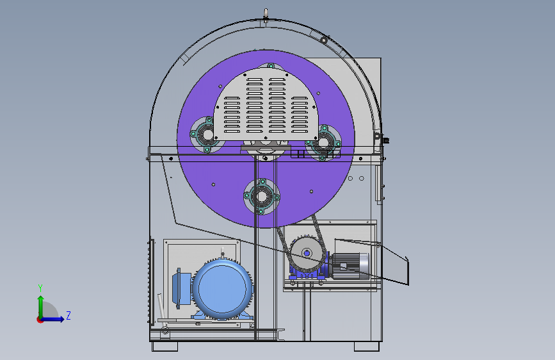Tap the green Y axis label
click(40, 288)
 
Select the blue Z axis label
click(68, 315)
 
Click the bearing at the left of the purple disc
click(206, 135)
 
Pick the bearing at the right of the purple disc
click(323, 142)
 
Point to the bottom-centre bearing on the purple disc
click(262, 196)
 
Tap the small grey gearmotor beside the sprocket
click(349, 266)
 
